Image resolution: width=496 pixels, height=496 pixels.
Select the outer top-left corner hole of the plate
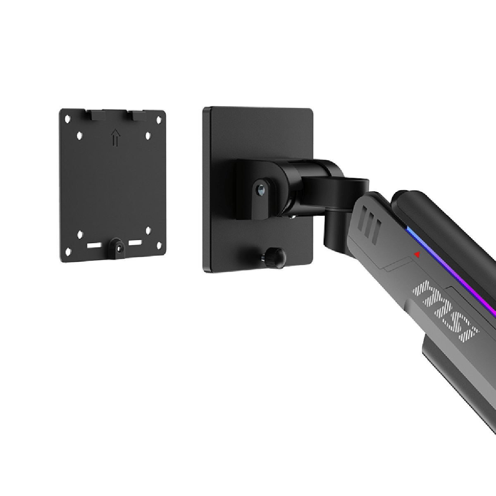pos(67,119)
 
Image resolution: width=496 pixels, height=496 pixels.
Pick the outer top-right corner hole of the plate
pos(159,120)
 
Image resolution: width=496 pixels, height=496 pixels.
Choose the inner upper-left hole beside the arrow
pos(80,136)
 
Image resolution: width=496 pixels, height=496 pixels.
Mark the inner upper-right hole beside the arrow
pos(148,136)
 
